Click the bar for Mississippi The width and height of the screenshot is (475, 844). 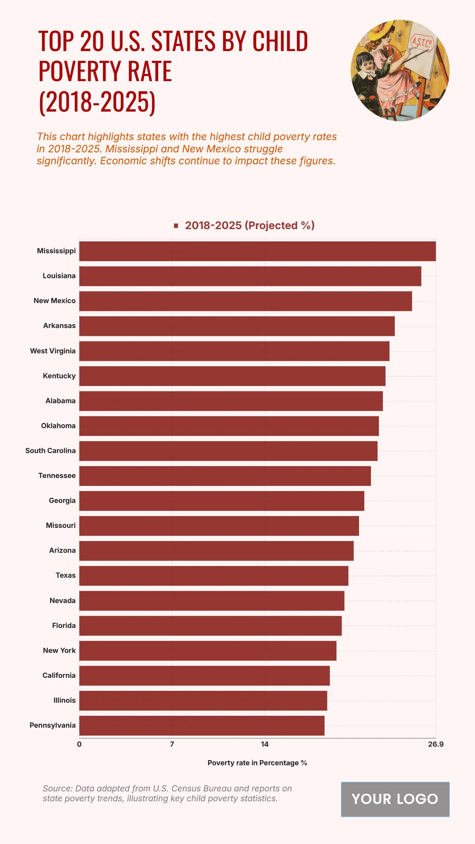[x=257, y=251]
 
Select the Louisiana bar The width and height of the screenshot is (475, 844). [x=250, y=276]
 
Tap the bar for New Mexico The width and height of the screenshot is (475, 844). [x=245, y=301]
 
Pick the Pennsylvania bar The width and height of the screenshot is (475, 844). [x=202, y=726]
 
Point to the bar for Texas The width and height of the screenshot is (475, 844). [x=214, y=576]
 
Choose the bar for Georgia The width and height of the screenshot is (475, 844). [x=222, y=501]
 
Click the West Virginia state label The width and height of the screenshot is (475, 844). [x=53, y=351]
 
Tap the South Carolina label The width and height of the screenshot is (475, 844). [x=50, y=451]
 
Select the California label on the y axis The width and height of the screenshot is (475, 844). [x=59, y=675]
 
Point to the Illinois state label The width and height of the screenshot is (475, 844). [x=65, y=700]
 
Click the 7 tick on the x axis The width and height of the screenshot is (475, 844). [x=172, y=744]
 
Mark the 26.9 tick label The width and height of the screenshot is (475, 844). [x=435, y=744]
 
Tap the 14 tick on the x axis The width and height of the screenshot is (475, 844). [x=264, y=744]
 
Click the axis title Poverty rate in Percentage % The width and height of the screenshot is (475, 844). [x=257, y=763]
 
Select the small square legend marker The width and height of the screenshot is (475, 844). [x=176, y=226]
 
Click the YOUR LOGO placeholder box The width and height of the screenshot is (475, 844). [x=395, y=799]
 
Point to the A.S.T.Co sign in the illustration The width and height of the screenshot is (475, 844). [x=422, y=42]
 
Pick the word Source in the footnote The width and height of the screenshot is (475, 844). [x=57, y=789]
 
